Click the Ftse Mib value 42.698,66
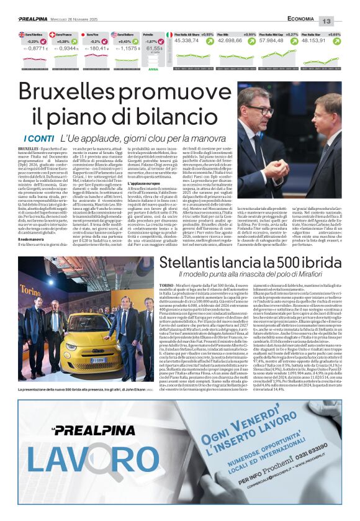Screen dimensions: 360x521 [238, 40]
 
